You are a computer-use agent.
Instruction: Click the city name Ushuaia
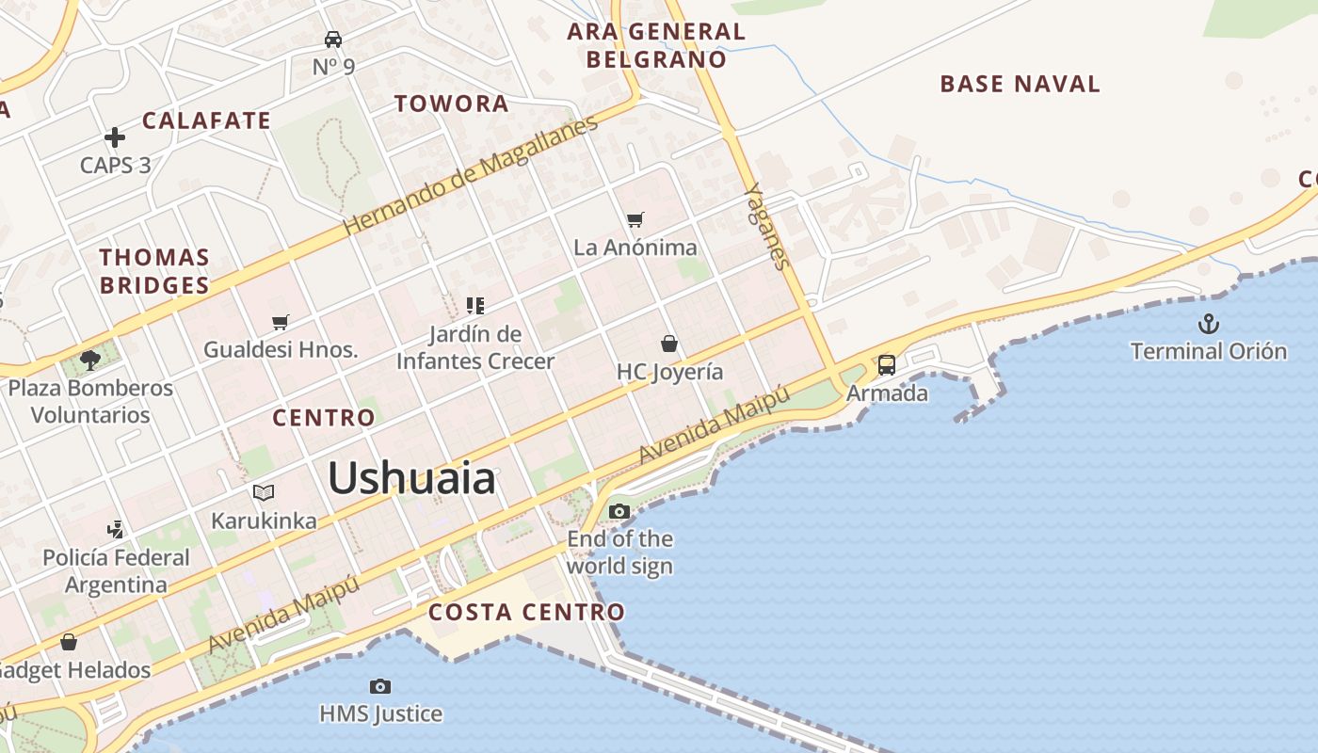click(411, 479)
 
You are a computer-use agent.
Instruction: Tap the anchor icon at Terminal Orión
click(1208, 325)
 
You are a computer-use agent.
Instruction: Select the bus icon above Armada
click(887, 364)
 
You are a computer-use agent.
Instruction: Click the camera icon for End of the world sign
click(619, 511)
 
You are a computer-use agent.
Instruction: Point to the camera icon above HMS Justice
click(380, 686)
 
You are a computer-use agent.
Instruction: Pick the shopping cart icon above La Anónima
click(635, 219)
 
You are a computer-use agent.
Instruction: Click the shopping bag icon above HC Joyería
click(669, 344)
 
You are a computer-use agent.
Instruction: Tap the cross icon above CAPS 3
click(115, 137)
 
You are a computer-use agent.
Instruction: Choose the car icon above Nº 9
click(333, 39)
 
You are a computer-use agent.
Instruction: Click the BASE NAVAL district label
click(1020, 84)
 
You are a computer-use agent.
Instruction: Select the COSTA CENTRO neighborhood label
click(526, 613)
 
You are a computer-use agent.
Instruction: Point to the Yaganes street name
click(765, 226)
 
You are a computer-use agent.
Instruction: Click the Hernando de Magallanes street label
click(470, 176)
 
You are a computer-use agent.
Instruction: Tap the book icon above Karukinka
click(264, 492)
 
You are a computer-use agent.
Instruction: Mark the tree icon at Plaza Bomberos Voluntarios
click(90, 360)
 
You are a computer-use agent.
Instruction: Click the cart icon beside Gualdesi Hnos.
click(280, 323)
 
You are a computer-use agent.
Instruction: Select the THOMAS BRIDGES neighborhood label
click(154, 271)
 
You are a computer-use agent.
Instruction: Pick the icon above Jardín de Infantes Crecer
click(475, 305)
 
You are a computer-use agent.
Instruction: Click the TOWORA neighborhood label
click(451, 104)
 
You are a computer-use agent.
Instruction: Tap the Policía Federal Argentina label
click(116, 570)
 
